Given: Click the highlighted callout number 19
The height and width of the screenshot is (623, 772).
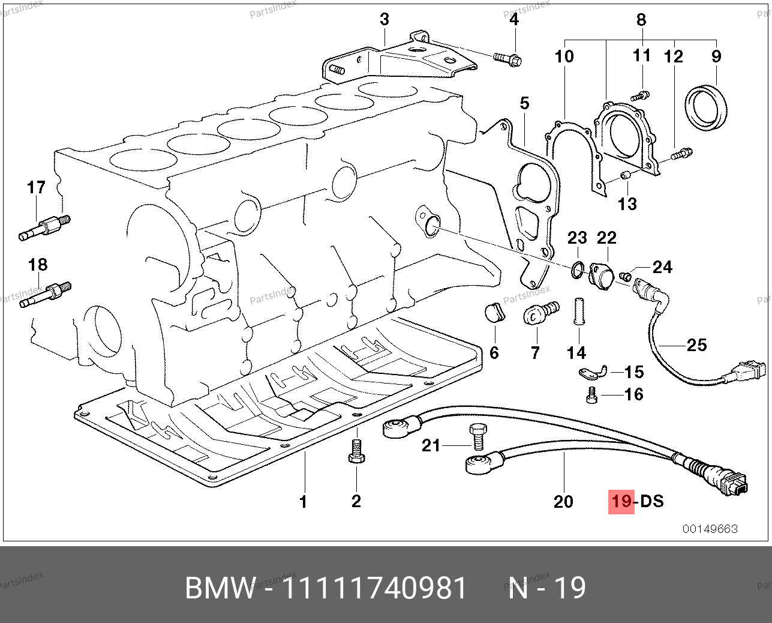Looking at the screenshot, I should [x=621, y=501].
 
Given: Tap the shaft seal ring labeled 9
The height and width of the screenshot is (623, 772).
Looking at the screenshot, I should [x=707, y=108].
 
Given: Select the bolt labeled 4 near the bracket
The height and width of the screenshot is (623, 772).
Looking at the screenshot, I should [x=507, y=59].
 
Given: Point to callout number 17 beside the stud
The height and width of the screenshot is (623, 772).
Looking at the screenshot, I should [x=36, y=188].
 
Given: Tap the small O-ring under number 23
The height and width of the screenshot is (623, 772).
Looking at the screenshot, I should [x=576, y=271].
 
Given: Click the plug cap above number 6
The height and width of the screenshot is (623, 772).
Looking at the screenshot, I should [x=493, y=313].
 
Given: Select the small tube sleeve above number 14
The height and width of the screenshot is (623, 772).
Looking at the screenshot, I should [x=579, y=310].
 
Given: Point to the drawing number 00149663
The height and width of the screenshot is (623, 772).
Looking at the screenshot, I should [x=710, y=529].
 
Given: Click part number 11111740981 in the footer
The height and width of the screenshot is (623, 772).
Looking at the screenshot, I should [x=374, y=588].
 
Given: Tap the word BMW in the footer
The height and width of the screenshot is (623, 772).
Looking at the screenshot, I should [x=220, y=588].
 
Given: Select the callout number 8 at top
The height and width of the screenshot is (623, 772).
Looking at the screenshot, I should [x=641, y=20].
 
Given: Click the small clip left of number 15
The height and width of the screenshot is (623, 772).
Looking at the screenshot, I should [x=592, y=373].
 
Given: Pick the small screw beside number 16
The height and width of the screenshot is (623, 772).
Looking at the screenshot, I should [x=590, y=395].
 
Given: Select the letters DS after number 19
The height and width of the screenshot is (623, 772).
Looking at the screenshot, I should [x=652, y=501].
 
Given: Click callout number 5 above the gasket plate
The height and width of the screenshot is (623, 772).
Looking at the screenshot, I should [x=525, y=103].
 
